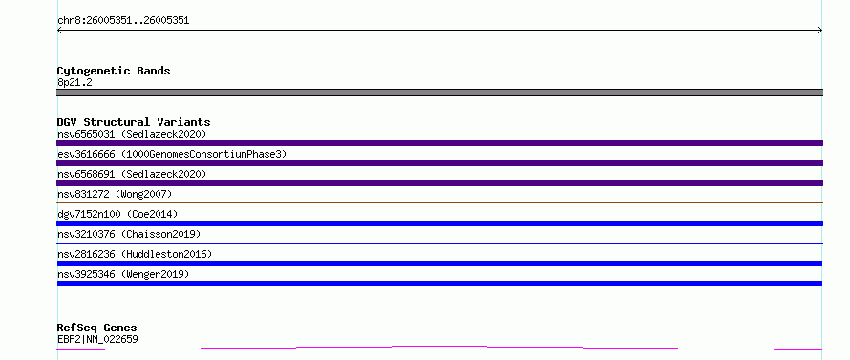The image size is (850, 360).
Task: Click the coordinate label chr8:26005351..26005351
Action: (123, 21)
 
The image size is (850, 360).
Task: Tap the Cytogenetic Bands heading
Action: (114, 71)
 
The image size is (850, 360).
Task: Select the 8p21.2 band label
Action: (74, 82)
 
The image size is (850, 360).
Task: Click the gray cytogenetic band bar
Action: (439, 93)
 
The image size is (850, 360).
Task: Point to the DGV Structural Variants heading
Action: (134, 122)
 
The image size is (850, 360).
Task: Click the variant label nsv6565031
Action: (86, 134)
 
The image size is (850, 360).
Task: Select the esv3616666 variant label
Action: (86, 154)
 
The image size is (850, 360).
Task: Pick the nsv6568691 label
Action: (86, 174)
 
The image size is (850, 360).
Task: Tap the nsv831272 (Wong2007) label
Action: (115, 194)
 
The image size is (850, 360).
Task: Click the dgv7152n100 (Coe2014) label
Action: (117, 214)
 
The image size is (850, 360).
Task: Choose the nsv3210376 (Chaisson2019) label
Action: (129, 234)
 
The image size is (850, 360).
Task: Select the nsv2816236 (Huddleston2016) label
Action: (135, 254)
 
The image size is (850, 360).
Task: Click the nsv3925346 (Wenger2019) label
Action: (123, 274)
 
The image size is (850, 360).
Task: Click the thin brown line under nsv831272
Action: (439, 202)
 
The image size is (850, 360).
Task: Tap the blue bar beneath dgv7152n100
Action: (439, 223)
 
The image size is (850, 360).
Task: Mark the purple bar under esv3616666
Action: (439, 163)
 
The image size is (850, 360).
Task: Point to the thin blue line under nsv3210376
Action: (439, 243)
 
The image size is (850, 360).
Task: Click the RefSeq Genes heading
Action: (97, 328)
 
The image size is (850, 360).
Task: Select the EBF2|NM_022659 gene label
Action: (97, 339)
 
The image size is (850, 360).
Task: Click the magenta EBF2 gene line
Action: (439, 347)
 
